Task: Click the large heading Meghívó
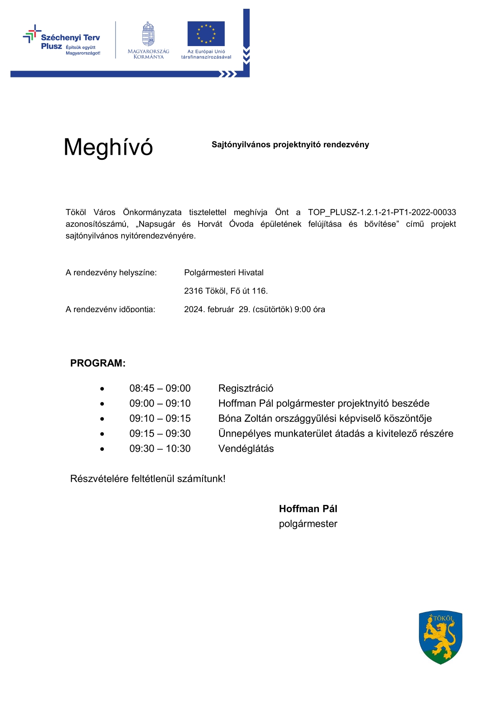108,147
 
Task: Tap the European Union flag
206,33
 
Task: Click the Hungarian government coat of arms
148,34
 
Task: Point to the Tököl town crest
440,637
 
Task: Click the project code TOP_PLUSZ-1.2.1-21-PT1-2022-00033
382,212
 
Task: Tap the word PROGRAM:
98,363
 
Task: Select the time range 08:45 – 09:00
160,389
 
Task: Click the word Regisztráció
246,389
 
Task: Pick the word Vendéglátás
246,449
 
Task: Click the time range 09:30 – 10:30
160,449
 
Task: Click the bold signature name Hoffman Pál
308,509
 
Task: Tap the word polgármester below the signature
308,524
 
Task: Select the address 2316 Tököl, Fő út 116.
226,291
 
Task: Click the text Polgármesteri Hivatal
224,273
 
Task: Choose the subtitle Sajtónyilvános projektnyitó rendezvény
290,145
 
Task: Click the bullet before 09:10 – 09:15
102,419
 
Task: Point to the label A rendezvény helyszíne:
111,273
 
